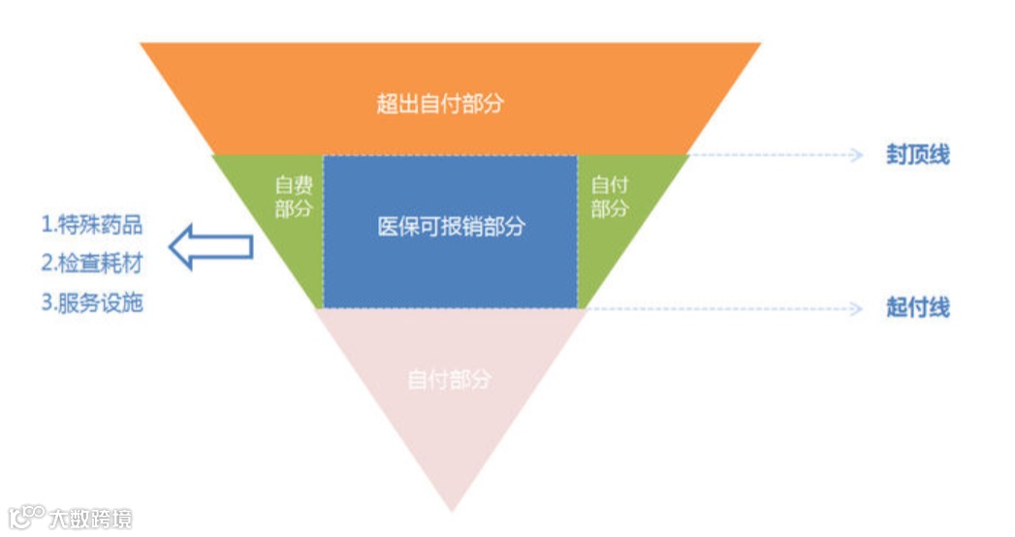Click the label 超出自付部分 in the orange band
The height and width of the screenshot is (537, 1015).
click(x=440, y=104)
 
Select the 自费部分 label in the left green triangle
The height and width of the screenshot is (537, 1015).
click(x=293, y=196)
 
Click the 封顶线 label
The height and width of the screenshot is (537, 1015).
click(x=917, y=155)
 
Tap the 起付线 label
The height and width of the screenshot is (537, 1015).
click(x=917, y=308)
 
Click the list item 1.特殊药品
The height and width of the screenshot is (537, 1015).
click(x=92, y=225)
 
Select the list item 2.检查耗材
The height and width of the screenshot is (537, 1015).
click(x=92, y=264)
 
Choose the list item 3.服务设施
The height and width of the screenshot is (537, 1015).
click(x=92, y=302)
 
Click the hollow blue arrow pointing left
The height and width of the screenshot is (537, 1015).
click(x=210, y=246)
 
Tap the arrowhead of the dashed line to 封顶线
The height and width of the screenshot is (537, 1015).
click(x=856, y=155)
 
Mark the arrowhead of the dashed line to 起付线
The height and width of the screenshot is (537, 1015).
click(x=856, y=308)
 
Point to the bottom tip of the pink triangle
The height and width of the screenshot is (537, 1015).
click(x=452, y=510)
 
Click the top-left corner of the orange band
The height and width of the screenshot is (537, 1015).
click(x=143, y=45)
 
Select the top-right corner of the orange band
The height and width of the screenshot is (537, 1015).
click(x=759, y=45)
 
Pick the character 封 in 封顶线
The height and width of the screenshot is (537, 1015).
click(x=897, y=155)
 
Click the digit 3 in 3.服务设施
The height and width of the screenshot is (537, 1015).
click(x=47, y=302)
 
